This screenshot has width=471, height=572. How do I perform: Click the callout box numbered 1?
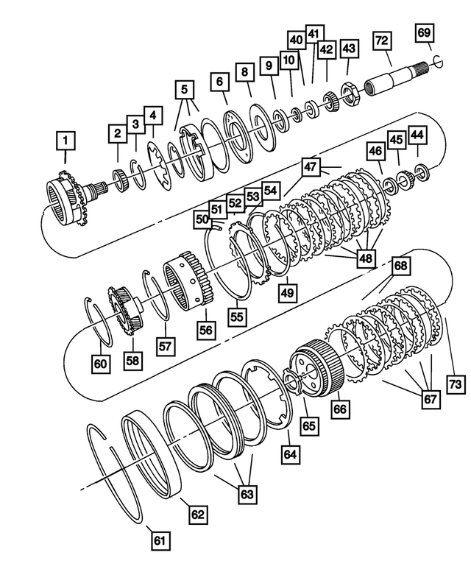(x=65, y=138)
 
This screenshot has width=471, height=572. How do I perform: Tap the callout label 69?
(x=425, y=32)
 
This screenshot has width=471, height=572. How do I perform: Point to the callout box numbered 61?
(x=160, y=540)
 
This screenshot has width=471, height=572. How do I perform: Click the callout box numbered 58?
(x=132, y=361)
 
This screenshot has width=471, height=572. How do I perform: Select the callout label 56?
(x=205, y=331)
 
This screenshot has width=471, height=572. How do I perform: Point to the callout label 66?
(x=339, y=407)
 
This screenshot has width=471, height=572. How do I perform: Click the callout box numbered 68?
(x=400, y=264)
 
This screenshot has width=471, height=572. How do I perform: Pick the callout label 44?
(x=417, y=135)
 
